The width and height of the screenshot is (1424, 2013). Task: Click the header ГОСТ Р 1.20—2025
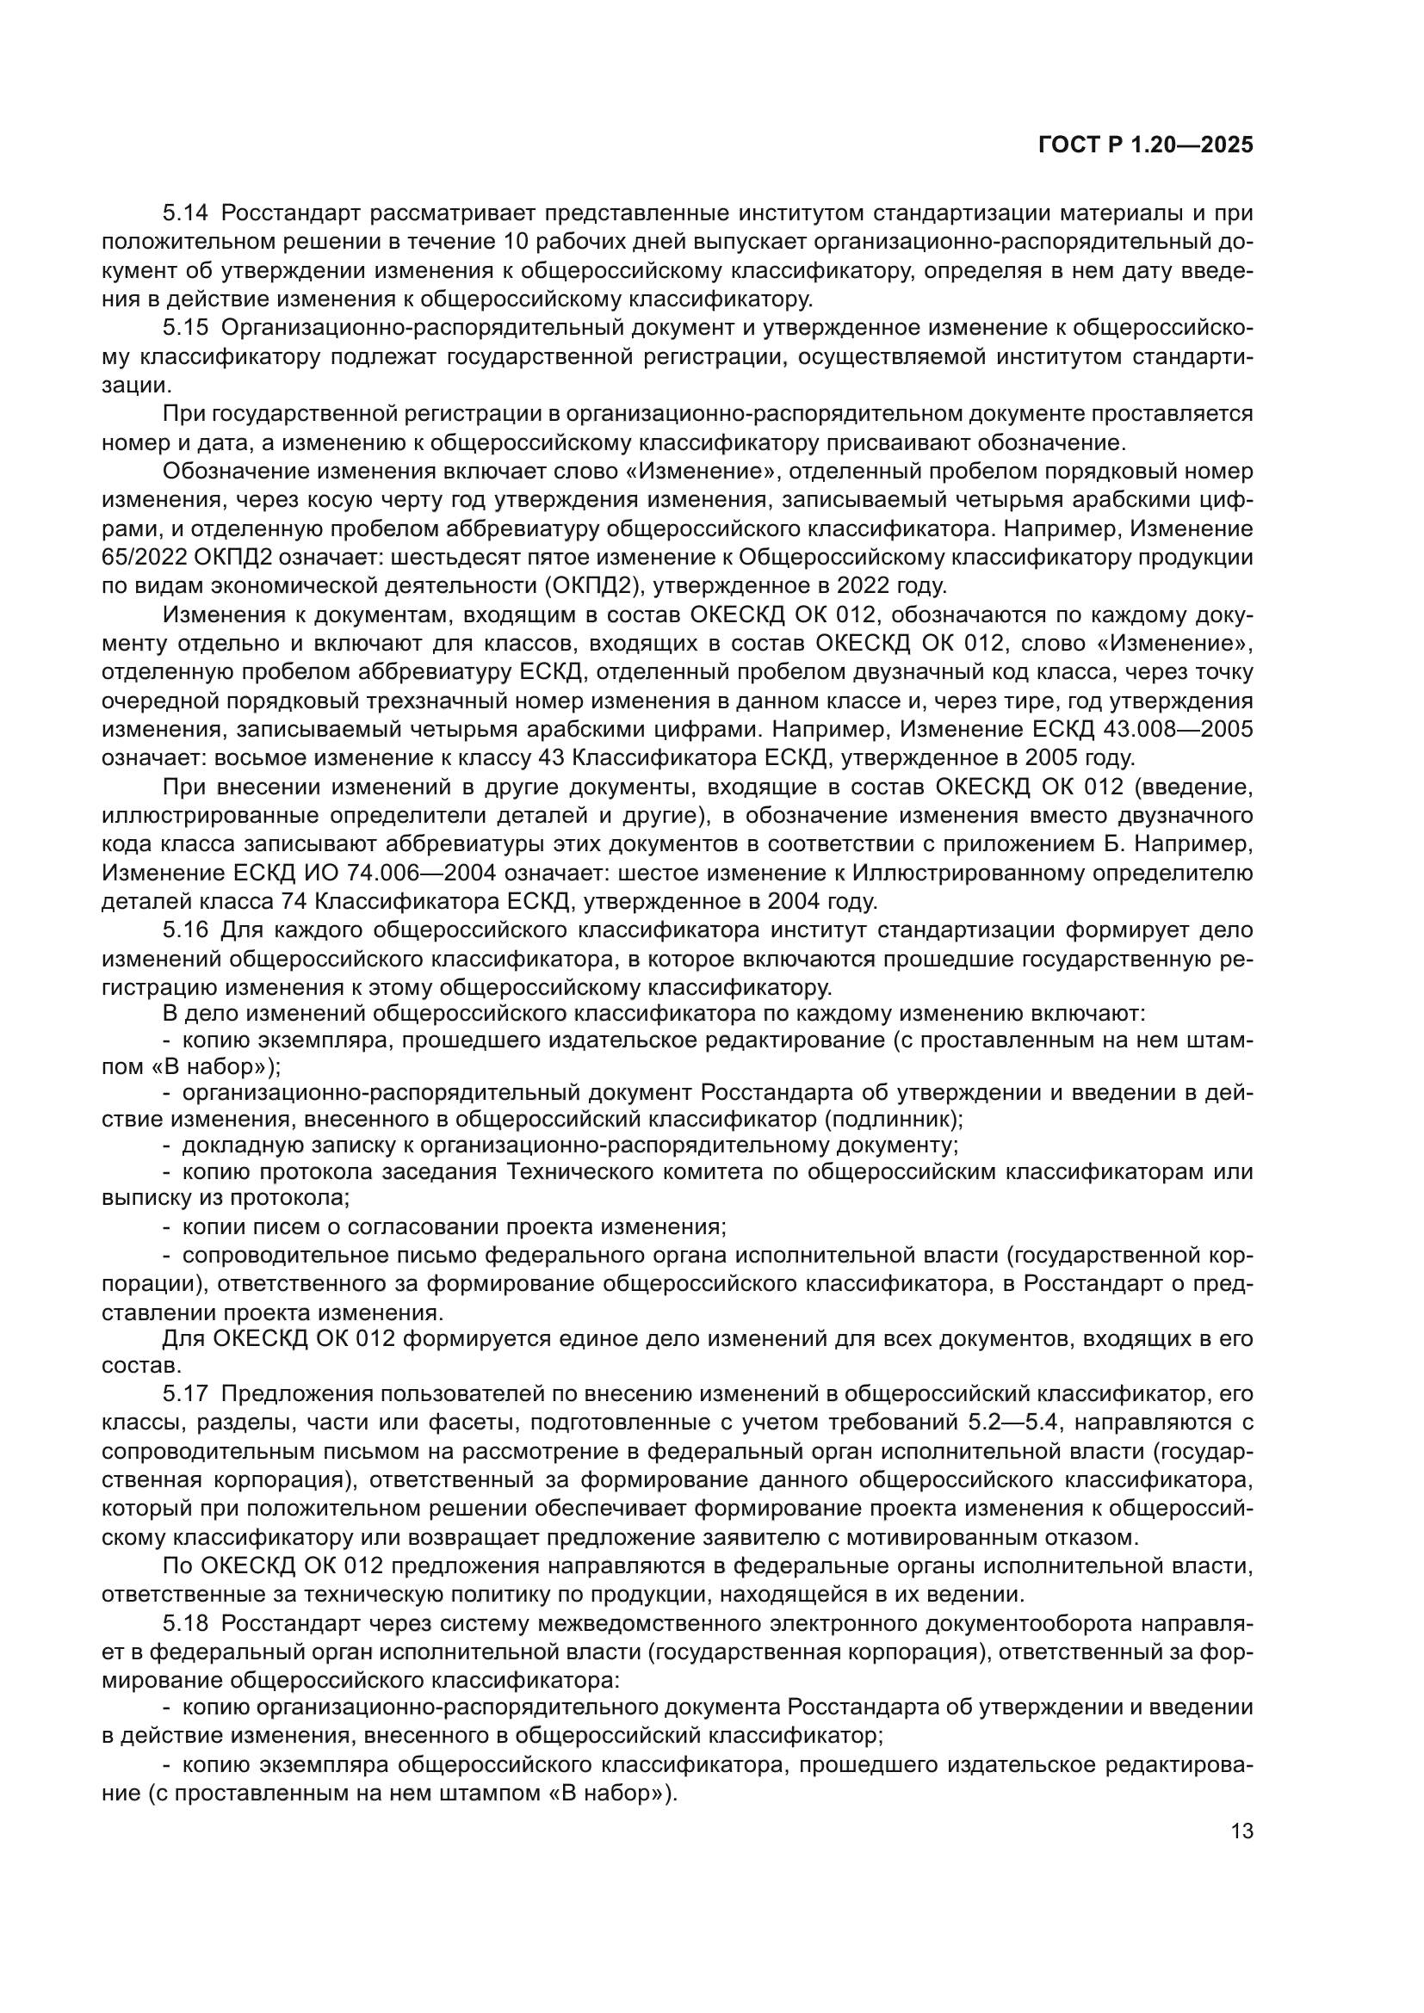point(1145,145)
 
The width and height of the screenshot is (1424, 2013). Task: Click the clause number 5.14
point(185,213)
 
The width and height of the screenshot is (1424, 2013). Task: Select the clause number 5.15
point(185,328)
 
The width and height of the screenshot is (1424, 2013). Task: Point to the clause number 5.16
point(185,930)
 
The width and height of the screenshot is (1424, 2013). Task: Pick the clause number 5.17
point(185,1394)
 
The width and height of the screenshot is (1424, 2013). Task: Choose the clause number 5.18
point(185,1624)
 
